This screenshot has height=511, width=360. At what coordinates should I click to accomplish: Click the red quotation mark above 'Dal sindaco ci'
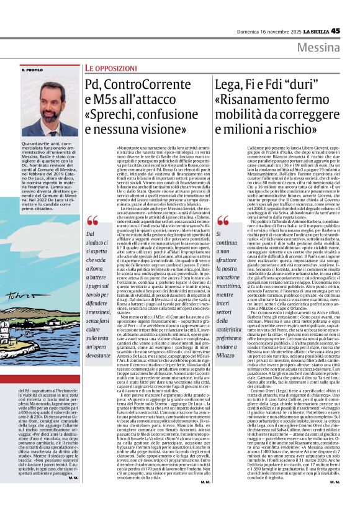pos(93,220)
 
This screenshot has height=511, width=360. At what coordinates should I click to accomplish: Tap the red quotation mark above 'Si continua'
pos(222,220)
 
